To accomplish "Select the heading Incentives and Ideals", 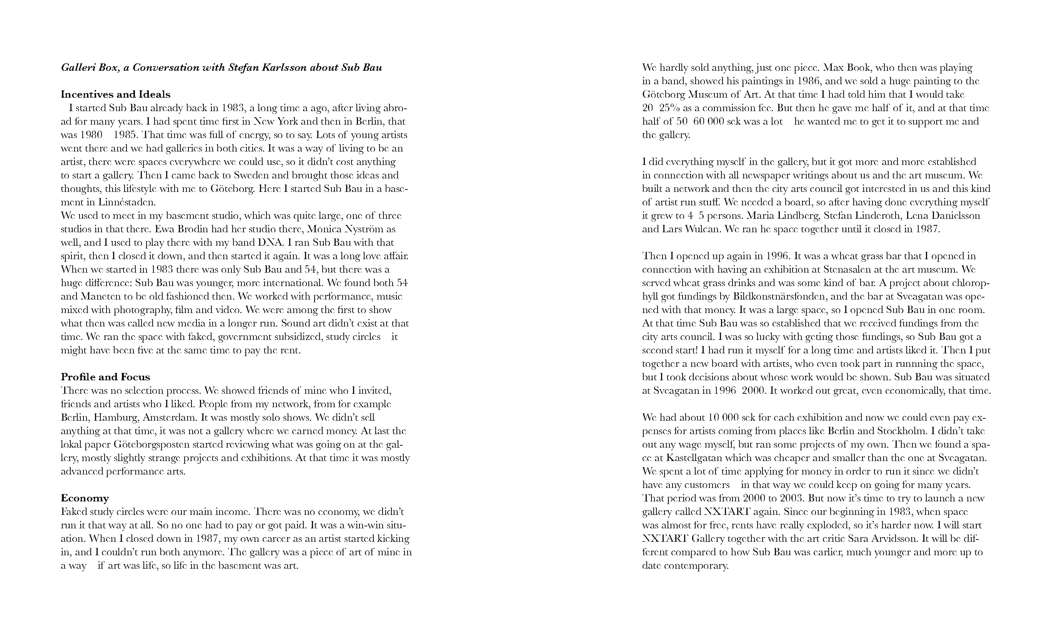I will (x=115, y=95).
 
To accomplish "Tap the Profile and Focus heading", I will (x=105, y=377).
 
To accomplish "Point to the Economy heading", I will (x=85, y=498).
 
